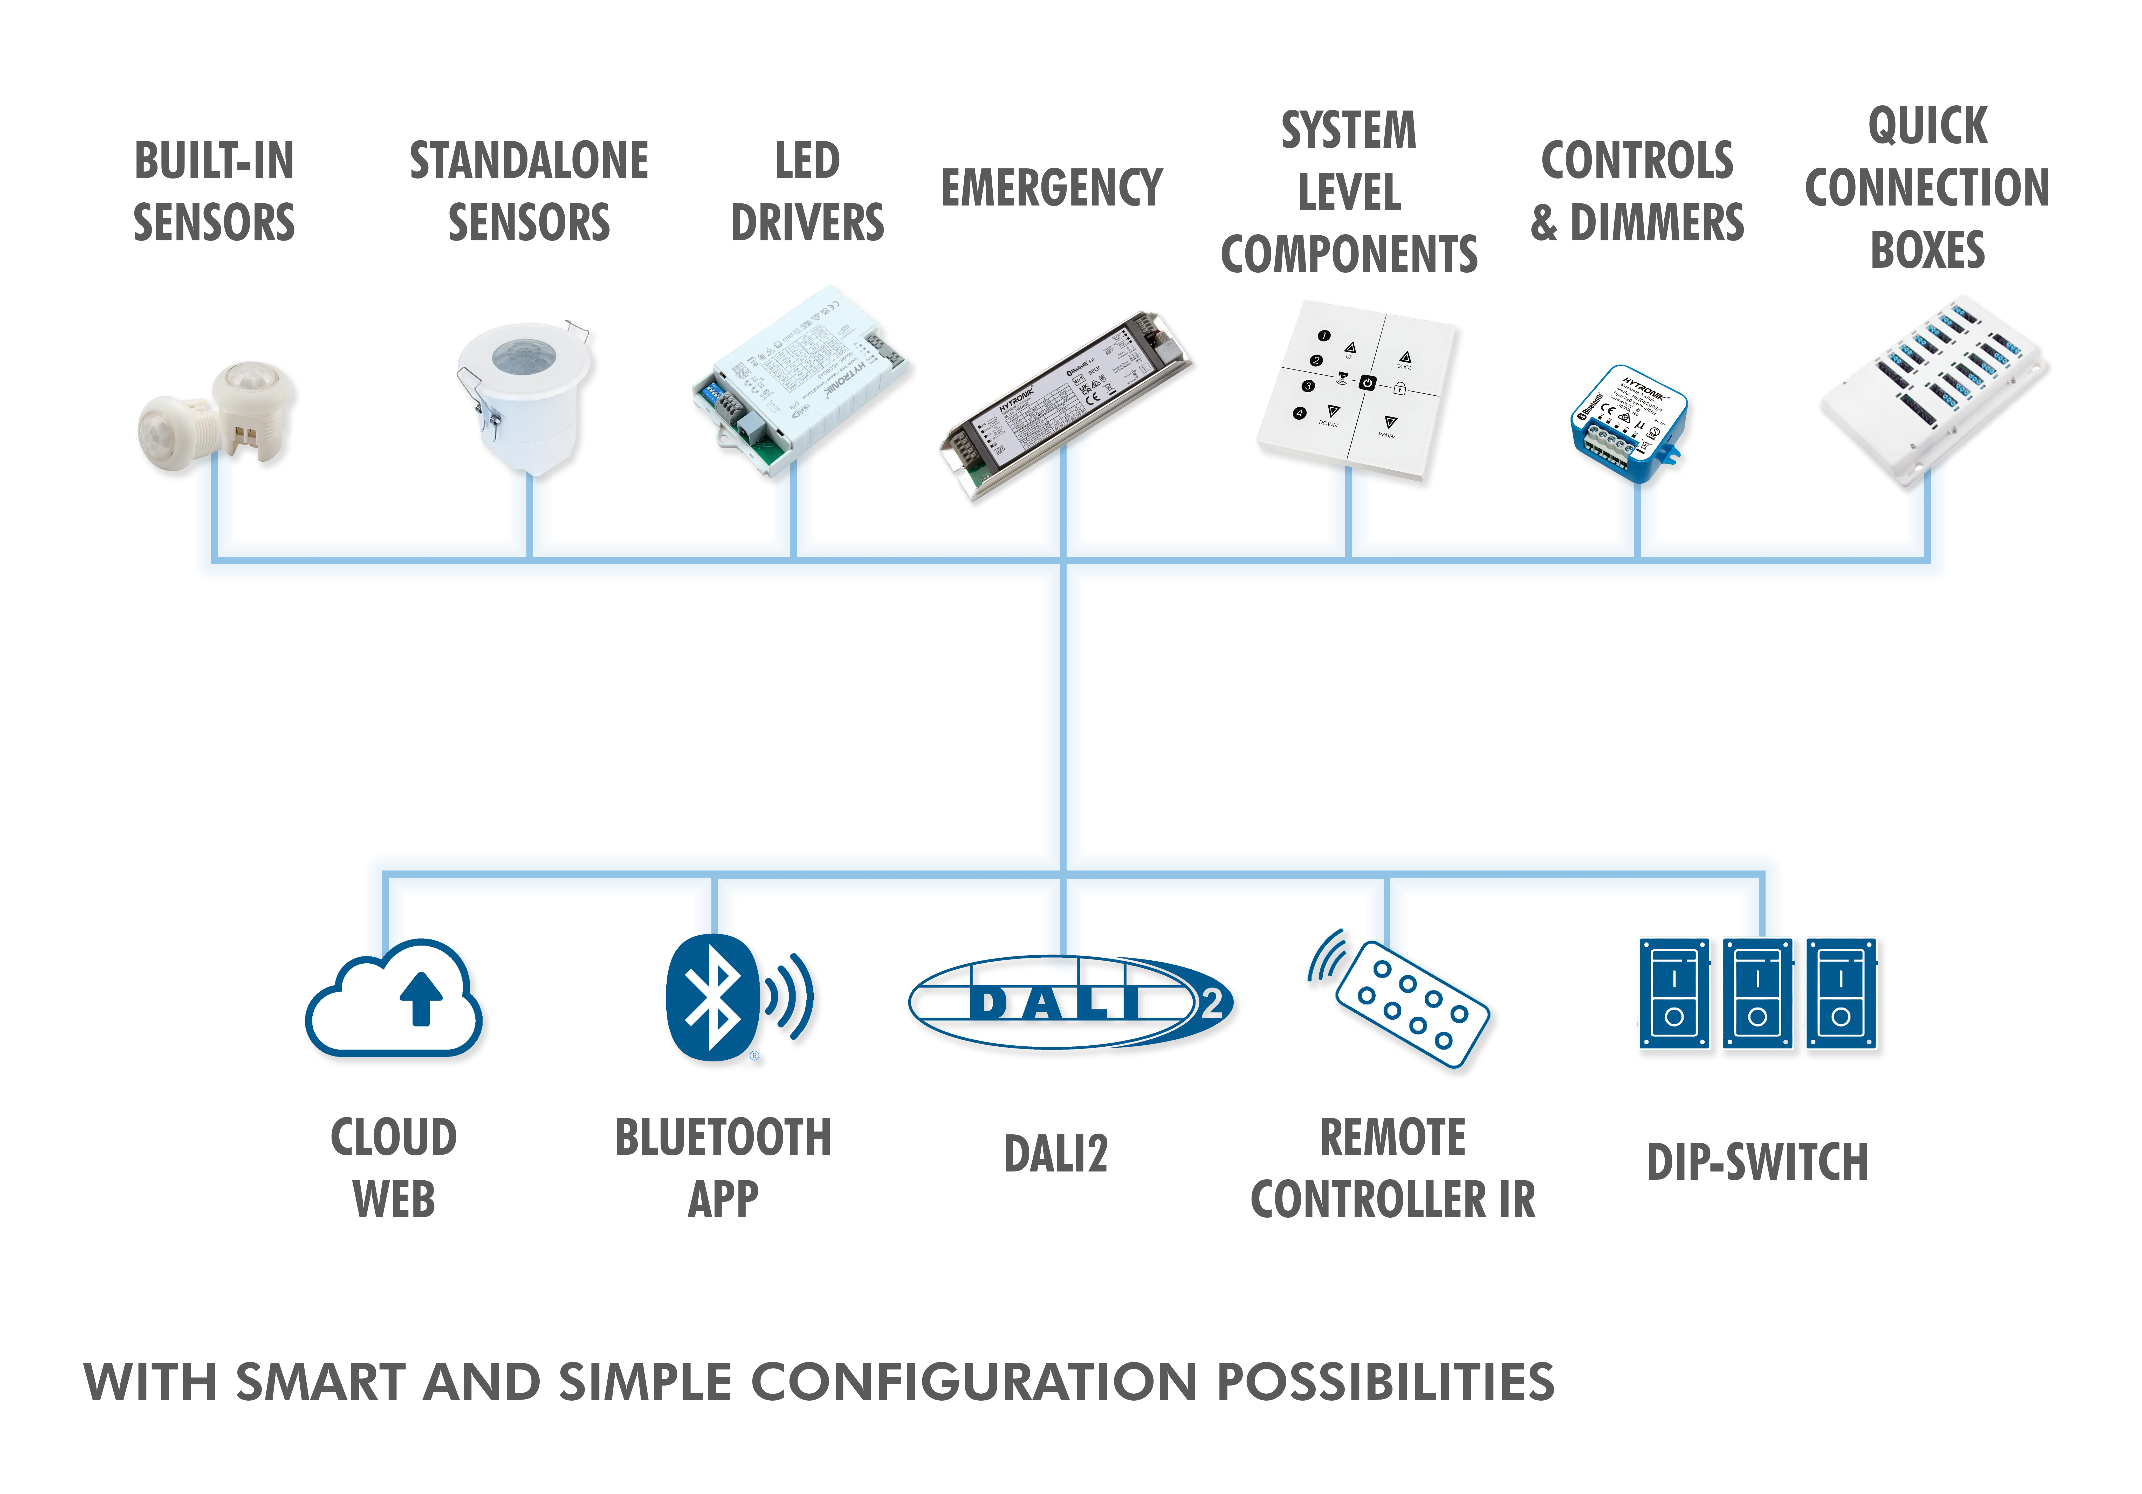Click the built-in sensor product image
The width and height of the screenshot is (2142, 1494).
(x=219, y=420)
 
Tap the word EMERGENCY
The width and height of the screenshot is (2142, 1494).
(x=1051, y=189)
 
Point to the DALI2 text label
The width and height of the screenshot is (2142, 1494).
(x=1055, y=1154)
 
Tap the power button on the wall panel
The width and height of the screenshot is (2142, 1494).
(x=1367, y=383)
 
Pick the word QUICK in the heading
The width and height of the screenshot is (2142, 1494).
(x=1927, y=126)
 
